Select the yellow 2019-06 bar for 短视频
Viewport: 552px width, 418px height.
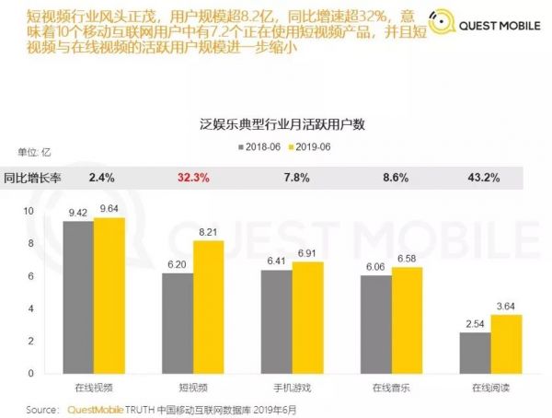coord(208,307)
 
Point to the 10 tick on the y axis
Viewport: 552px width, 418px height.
coord(29,211)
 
